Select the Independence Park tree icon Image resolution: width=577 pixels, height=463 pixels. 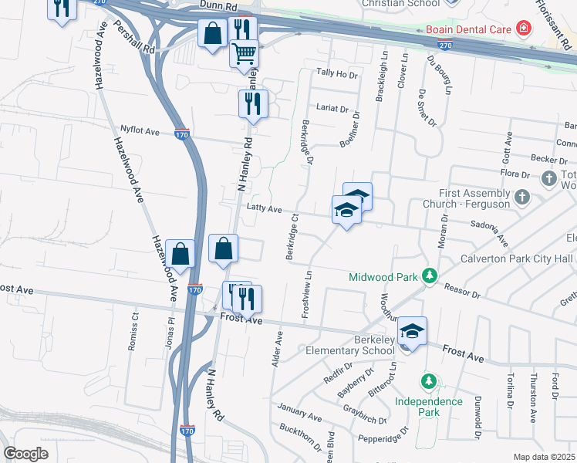click(x=428, y=381)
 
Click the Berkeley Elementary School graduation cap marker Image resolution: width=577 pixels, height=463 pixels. click(x=412, y=331)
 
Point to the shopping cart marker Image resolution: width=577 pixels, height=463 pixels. click(x=245, y=53)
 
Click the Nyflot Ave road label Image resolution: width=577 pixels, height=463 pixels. click(x=140, y=132)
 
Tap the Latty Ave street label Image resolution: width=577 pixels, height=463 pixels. click(x=264, y=208)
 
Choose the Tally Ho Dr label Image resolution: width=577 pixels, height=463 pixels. click(x=337, y=74)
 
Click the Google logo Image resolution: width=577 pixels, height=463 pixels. click(x=25, y=454)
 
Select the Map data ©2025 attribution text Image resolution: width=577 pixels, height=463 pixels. click(x=544, y=457)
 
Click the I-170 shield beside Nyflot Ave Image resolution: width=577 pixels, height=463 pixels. click(x=181, y=134)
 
